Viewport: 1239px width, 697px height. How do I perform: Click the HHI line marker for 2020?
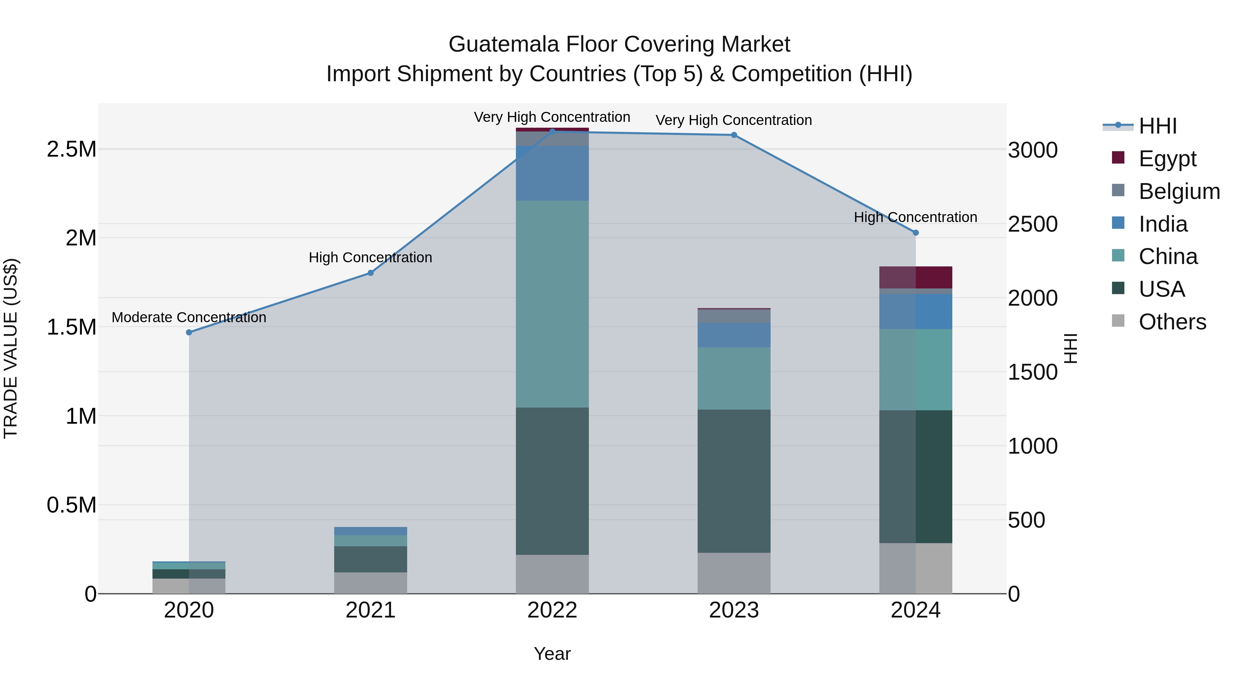tap(189, 332)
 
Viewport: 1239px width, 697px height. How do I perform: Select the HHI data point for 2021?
tap(371, 273)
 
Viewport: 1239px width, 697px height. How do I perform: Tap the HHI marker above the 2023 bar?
tap(734, 135)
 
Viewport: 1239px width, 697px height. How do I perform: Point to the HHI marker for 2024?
tap(916, 233)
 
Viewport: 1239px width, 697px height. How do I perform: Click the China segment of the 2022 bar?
tap(552, 304)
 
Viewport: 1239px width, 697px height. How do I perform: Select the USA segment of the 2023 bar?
tap(734, 481)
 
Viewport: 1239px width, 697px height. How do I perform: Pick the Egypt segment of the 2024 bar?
tap(916, 277)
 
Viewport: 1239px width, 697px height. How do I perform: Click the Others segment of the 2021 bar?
tap(371, 583)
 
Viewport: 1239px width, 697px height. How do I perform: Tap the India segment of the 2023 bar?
tap(734, 335)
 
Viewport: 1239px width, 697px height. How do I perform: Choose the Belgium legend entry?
tap(1179, 191)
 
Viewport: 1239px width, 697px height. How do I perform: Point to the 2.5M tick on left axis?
tap(72, 150)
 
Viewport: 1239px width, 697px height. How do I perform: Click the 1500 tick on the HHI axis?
tap(1032, 372)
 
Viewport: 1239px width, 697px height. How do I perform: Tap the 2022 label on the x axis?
tap(552, 610)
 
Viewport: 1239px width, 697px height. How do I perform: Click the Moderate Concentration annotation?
tap(189, 317)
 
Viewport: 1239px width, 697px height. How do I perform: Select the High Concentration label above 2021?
tap(370, 258)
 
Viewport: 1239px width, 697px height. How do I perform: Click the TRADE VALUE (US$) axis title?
tap(11, 348)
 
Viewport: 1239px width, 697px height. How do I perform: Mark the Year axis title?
tap(552, 654)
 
